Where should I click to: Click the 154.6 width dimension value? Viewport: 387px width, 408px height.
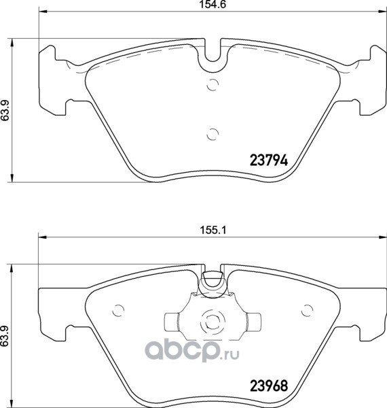click(213, 5)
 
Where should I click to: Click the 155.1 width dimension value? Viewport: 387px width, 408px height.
click(213, 231)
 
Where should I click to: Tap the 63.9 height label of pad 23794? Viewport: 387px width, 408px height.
click(5, 110)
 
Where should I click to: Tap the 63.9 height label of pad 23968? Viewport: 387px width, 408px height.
click(5, 336)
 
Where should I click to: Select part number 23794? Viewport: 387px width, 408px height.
click(269, 160)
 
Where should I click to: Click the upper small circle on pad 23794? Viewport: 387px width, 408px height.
click(213, 84)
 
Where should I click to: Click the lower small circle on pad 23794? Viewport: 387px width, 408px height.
click(213, 134)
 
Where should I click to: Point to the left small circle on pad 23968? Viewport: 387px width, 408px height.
click(118, 310)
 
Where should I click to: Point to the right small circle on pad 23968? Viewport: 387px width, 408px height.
click(308, 310)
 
